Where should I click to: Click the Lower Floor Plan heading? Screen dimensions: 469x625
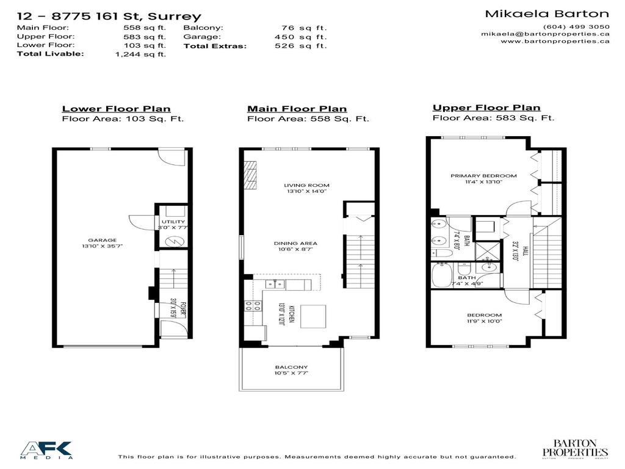[x=116, y=109]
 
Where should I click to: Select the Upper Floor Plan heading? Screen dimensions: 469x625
[x=486, y=108]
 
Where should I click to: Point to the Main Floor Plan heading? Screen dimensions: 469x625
[x=297, y=109]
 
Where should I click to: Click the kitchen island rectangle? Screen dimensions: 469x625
[x=312, y=315]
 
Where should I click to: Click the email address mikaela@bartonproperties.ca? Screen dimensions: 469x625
[x=545, y=34]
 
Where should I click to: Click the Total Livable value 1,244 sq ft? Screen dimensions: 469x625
[x=141, y=54]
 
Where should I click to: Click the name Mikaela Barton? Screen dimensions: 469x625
[x=546, y=13]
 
